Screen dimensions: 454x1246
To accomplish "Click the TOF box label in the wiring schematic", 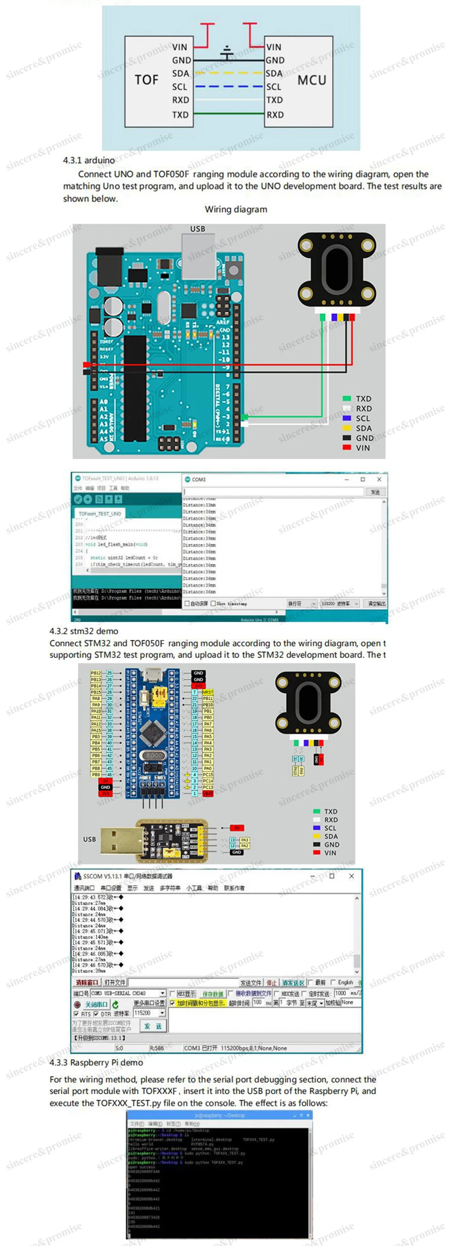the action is pos(147,80).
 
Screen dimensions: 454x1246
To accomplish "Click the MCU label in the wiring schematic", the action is pos(311,80).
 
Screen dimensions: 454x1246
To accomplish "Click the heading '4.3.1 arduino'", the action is pos(89,160).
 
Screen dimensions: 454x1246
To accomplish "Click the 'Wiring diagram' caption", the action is pos(236,209).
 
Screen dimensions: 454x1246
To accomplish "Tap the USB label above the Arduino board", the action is pos(197,229).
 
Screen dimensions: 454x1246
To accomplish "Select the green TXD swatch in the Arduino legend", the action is pos(346,399).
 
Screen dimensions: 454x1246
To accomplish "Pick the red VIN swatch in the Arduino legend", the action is pos(346,448).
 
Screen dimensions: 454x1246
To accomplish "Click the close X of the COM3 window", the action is pos(379,479).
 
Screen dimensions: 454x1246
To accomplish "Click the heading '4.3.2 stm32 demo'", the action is pos(84,631).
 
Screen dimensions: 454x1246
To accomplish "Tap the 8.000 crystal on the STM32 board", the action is pos(154,755).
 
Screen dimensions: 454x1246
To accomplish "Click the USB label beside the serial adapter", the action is pos(89,839).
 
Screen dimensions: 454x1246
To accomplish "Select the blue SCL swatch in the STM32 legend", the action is pos(317,827).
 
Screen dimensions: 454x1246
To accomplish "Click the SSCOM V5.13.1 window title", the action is pos(127,876).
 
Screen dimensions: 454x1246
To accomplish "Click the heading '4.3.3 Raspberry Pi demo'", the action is pos(96,1063).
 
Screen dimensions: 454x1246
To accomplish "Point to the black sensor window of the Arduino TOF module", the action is pos(336,265).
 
